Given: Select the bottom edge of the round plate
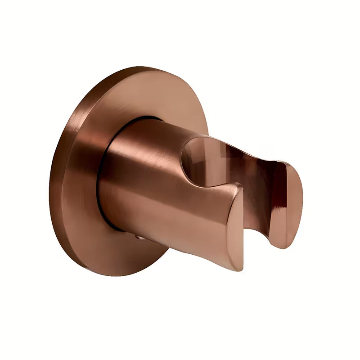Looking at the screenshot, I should [130, 275].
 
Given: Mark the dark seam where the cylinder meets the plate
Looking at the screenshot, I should [104, 171].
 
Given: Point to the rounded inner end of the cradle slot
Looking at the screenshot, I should [189, 155].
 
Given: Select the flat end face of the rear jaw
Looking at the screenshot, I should [288, 202].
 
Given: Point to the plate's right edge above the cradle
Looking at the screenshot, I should [205, 117].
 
